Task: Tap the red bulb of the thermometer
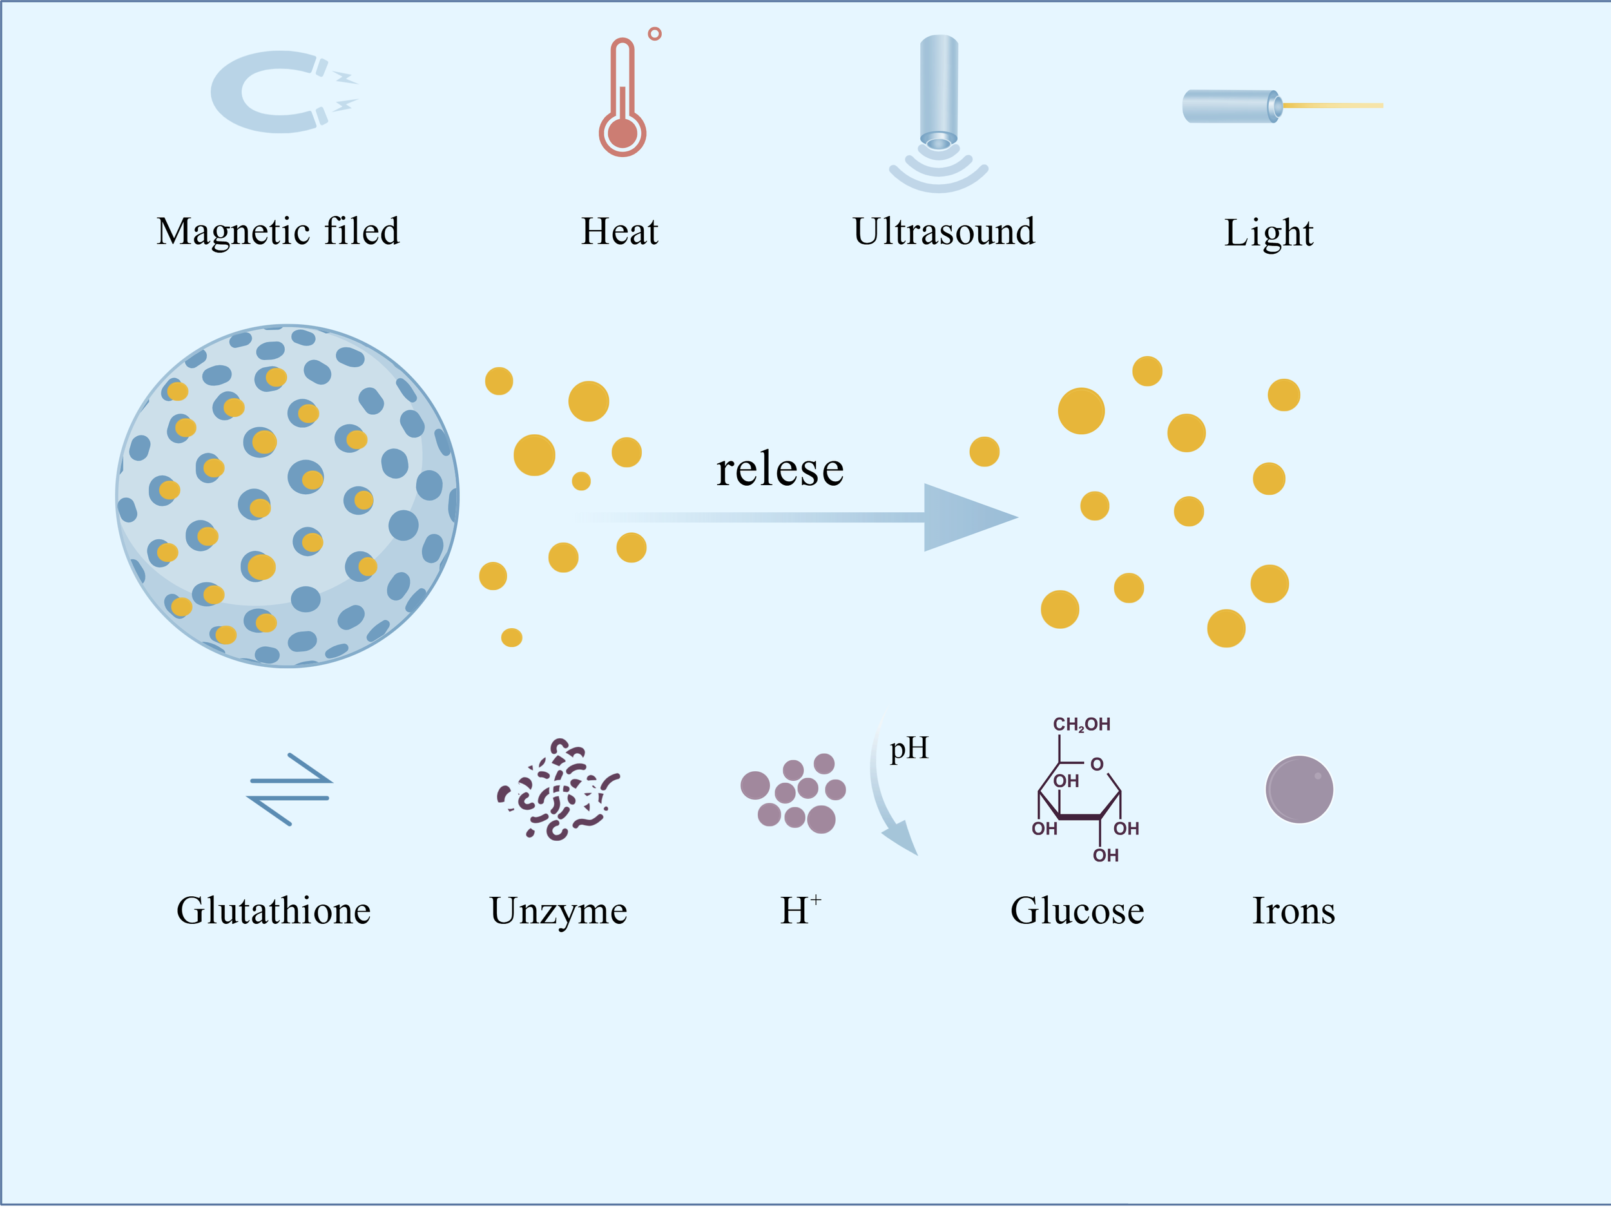[x=622, y=133]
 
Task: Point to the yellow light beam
[x=1332, y=106]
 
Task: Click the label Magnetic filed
[x=278, y=231]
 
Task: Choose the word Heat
[x=619, y=231]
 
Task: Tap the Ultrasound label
[x=944, y=231]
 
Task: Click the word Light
[x=1269, y=233]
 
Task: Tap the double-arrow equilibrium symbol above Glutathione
[x=290, y=789]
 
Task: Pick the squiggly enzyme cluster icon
[x=557, y=790]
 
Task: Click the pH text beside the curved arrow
[x=909, y=748]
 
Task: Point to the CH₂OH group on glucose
[x=1081, y=725]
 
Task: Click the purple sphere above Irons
[x=1299, y=789]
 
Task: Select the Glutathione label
[x=274, y=911]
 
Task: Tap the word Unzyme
[x=559, y=911]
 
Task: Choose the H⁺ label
[x=800, y=910]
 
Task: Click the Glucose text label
[x=1077, y=911]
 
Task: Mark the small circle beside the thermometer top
[x=655, y=34]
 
